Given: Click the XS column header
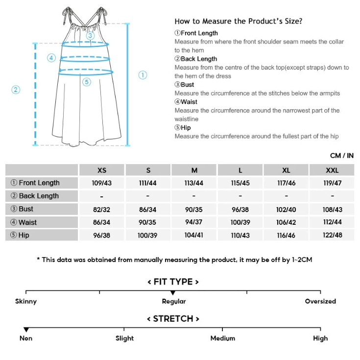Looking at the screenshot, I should (102, 170).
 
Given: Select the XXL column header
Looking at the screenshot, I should (332, 170).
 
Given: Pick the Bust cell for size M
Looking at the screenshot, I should (194, 209).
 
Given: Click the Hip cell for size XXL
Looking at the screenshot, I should (332, 235).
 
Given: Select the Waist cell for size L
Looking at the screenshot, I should (240, 222).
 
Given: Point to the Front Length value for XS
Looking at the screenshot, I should (102, 183).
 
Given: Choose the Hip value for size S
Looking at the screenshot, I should (148, 235).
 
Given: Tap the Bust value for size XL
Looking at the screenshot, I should (287, 209).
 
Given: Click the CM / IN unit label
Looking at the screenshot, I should (341, 156).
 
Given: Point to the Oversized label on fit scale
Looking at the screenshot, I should (320, 301).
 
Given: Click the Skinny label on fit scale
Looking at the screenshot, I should (26, 301).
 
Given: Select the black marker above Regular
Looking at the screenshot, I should (173, 293).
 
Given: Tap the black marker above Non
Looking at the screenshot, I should (26, 330).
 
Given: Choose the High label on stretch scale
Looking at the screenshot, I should (320, 338).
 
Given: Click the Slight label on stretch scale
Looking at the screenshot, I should (125, 338).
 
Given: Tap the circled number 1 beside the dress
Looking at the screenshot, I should (143, 75).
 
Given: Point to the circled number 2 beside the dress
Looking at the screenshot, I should (16, 90).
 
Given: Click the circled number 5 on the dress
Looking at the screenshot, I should (87, 82).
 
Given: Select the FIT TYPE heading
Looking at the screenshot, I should (173, 282).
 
